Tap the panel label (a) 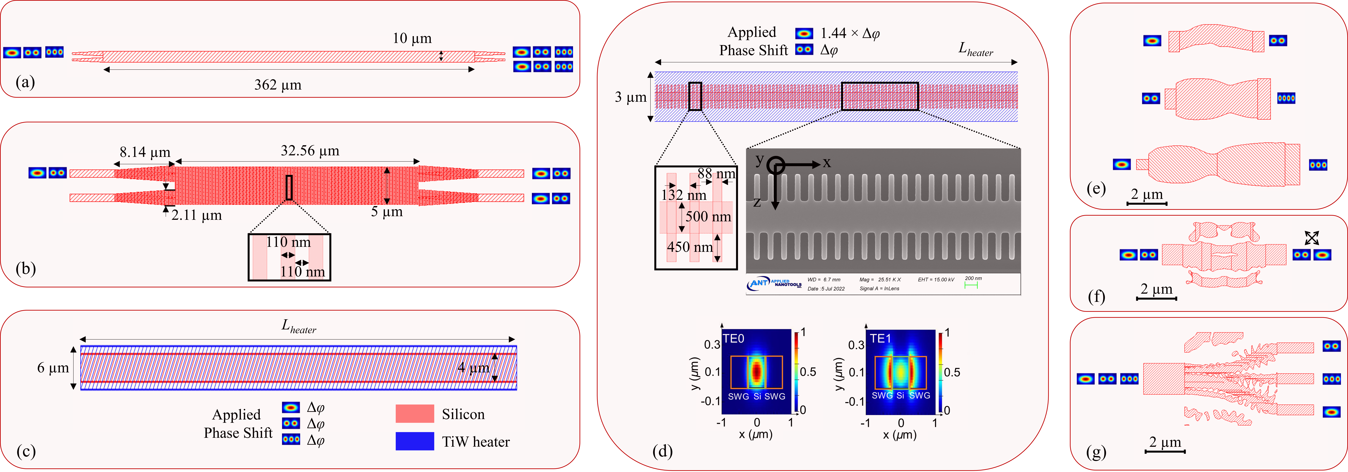point(25,82)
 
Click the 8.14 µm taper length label point(145,152)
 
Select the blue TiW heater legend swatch point(414,441)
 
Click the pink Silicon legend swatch point(414,413)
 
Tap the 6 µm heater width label point(53,368)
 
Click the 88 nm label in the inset point(716,174)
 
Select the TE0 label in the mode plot point(734,339)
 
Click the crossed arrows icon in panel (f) point(1311,239)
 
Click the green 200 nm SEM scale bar point(971,285)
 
